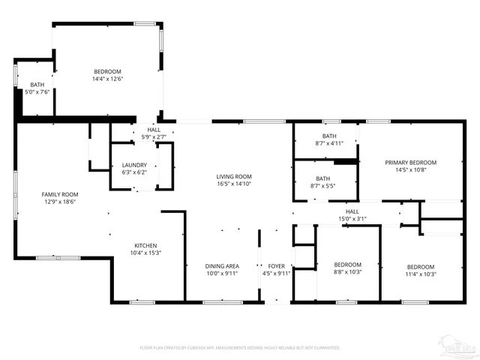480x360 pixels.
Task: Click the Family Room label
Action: [x=59, y=194]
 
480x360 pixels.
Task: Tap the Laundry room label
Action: [x=134, y=165]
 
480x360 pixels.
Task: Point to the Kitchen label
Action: [x=145, y=245]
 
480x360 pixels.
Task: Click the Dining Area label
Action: [x=222, y=265]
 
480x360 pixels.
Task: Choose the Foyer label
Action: [x=277, y=265]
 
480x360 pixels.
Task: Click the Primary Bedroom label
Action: [x=410, y=162]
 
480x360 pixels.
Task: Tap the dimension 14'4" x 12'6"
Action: [x=107, y=79]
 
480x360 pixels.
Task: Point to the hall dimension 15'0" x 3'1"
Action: [x=352, y=220]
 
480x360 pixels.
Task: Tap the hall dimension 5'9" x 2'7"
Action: [x=154, y=137]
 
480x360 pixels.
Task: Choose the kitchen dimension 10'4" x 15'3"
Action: [x=145, y=253]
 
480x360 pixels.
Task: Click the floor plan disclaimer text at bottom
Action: [x=239, y=347]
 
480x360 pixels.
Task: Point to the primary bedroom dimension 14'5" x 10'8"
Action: [x=410, y=169]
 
